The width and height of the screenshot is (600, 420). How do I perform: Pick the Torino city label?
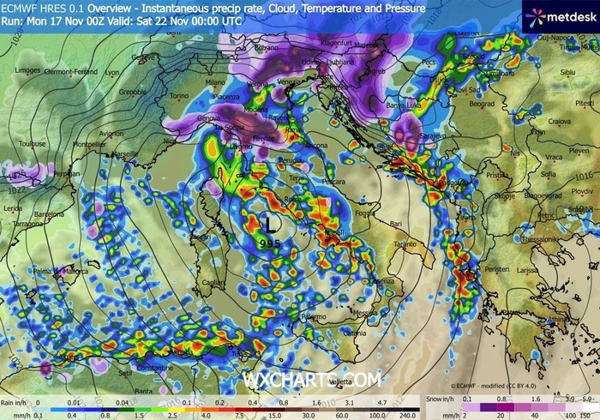tap(177, 96)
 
